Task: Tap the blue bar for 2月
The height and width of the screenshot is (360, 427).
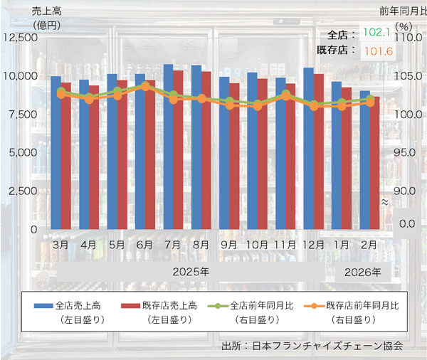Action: click(364, 160)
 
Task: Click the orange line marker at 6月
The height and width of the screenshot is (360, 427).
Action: click(145, 86)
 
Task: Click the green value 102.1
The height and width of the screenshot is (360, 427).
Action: click(376, 33)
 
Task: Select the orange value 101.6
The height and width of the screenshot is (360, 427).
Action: click(376, 51)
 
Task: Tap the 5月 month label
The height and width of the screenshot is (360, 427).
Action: click(117, 244)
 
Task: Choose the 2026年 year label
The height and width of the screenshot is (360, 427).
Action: click(363, 272)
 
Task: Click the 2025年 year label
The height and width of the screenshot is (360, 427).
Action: click(191, 272)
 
